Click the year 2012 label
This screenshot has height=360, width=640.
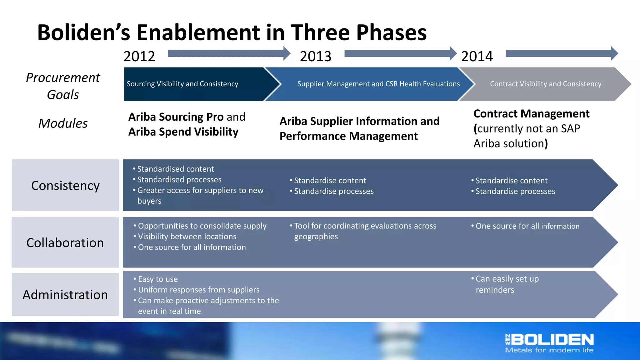(x=139, y=57)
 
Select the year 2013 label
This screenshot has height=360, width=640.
(x=315, y=57)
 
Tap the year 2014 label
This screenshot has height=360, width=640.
(x=477, y=57)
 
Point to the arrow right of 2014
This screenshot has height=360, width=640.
(x=561, y=53)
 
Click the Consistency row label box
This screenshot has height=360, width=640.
(x=65, y=185)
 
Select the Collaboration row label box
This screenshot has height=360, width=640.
(x=65, y=242)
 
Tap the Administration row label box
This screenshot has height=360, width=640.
(x=65, y=294)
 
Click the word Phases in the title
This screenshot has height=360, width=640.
(x=391, y=32)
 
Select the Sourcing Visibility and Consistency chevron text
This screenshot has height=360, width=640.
(x=182, y=84)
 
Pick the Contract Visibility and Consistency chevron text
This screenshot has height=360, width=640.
(x=546, y=84)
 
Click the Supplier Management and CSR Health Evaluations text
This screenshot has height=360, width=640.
(x=378, y=84)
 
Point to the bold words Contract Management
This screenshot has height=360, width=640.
(x=531, y=114)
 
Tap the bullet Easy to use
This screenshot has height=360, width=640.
(x=158, y=279)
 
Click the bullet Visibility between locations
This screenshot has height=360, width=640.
(x=187, y=237)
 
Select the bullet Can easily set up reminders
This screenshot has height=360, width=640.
(x=507, y=284)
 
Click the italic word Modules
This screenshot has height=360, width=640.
(x=63, y=123)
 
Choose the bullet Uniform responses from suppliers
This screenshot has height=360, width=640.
(x=198, y=290)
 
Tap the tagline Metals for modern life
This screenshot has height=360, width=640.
(x=549, y=350)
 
